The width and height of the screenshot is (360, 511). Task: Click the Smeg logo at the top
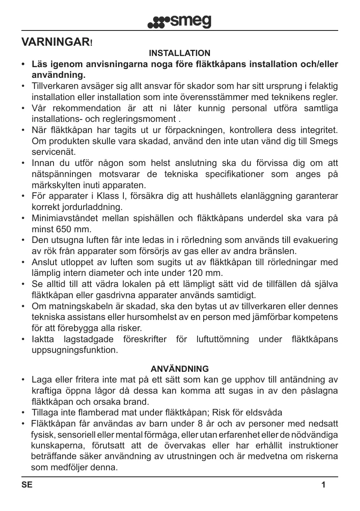[x=179, y=21]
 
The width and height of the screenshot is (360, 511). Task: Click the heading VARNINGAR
[x=57, y=42]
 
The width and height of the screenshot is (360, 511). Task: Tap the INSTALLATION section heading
[x=179, y=54]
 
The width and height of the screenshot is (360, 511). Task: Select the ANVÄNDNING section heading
[x=180, y=369]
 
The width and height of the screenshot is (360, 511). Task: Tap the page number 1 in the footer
[x=323, y=485]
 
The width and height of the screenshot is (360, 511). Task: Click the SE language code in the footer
[x=27, y=485]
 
